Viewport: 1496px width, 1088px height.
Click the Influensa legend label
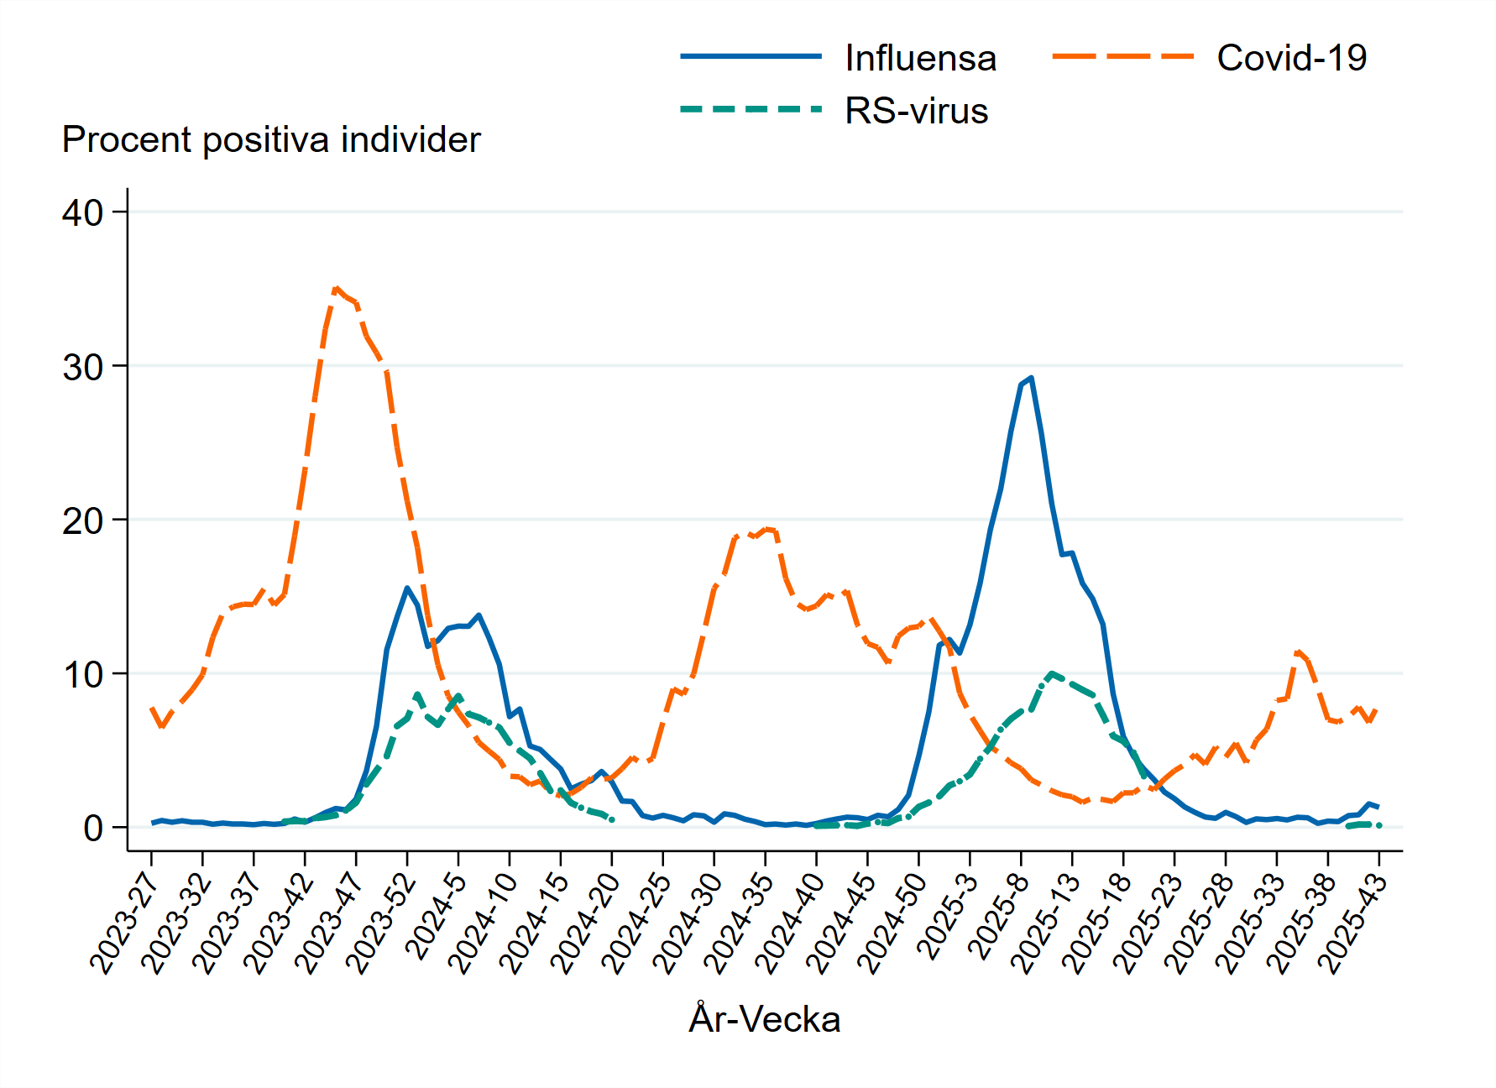[x=920, y=59]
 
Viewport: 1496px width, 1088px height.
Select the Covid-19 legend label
[x=1291, y=59]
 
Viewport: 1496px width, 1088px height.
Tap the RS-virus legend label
[x=916, y=112]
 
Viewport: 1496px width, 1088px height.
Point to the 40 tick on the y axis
[x=82, y=213]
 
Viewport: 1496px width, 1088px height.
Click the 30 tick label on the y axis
[x=82, y=367]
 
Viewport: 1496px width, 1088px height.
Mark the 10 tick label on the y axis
[x=82, y=675]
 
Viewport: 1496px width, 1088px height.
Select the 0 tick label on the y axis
[x=92, y=829]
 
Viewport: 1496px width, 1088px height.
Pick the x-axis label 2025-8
[x=997, y=915]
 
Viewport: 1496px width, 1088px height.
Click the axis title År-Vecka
[x=764, y=1019]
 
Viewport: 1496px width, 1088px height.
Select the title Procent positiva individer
[x=271, y=140]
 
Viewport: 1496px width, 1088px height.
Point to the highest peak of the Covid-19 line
[x=336, y=289]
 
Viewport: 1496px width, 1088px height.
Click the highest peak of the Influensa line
[x=1031, y=378]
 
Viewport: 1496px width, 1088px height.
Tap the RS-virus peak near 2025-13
[x=1051, y=673]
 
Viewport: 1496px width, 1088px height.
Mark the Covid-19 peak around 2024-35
[x=766, y=529]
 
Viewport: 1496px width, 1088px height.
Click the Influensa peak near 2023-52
[x=407, y=588]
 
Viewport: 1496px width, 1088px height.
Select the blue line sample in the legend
[x=751, y=57]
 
